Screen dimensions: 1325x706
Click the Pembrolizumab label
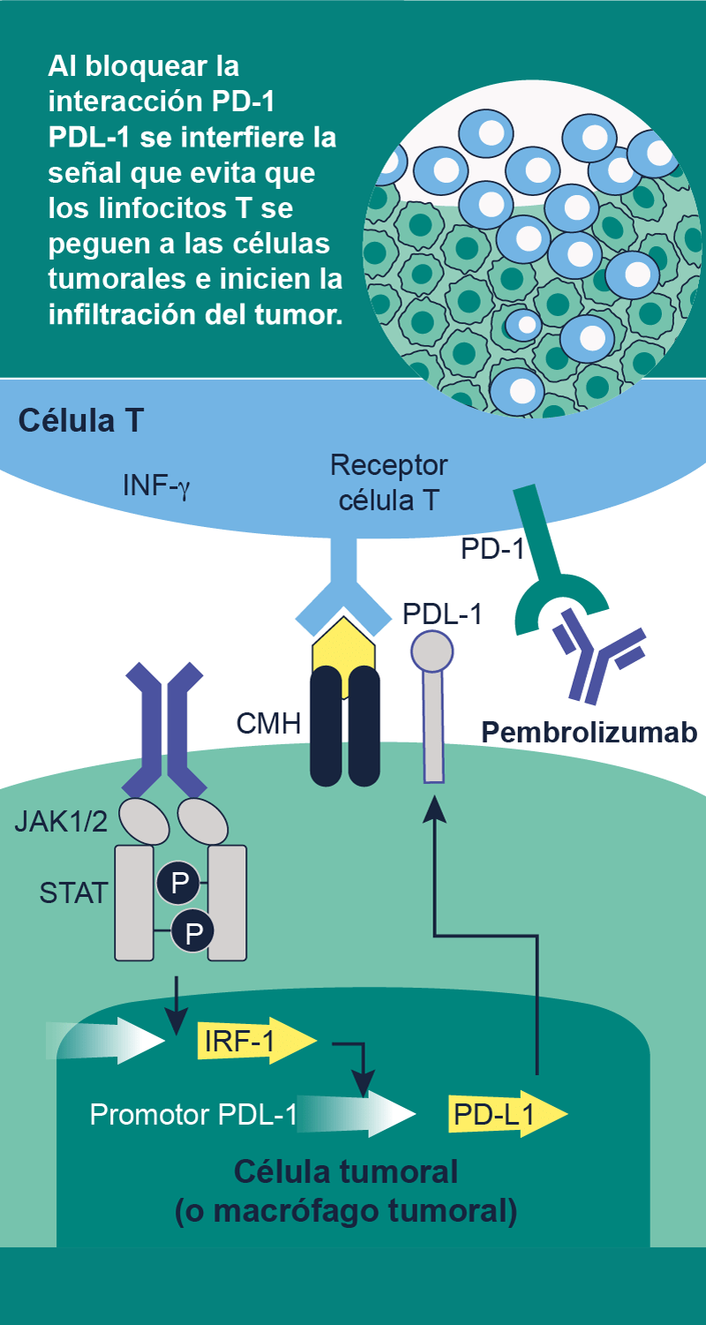coord(590,732)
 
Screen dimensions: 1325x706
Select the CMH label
coord(268,724)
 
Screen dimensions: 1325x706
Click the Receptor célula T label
coord(388,482)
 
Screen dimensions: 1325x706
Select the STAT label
coord(73,892)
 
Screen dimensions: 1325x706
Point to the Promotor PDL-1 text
coord(193,1115)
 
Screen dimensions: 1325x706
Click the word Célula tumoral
coord(346,1172)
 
